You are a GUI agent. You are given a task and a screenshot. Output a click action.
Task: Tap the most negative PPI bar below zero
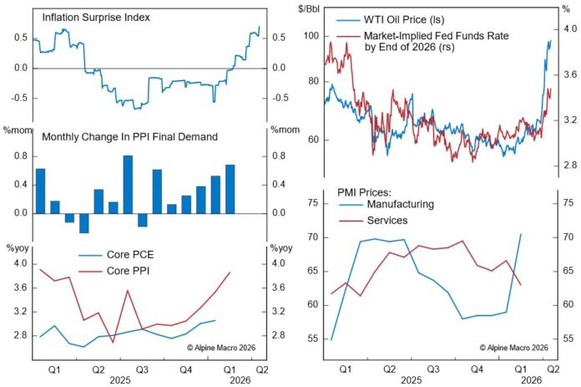tap(83, 222)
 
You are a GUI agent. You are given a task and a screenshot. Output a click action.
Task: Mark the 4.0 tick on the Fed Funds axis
tap(565, 28)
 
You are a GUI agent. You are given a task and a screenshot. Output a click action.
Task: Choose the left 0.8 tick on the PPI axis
tap(18, 155)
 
